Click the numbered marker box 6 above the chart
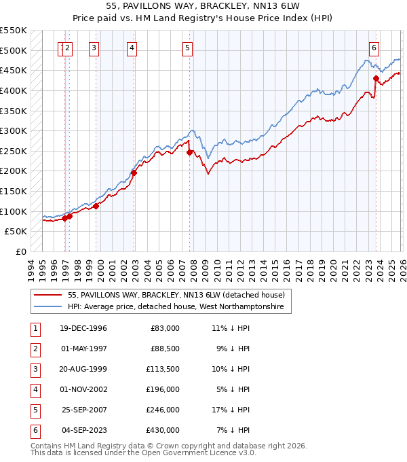(374, 48)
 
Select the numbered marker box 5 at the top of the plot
(187, 48)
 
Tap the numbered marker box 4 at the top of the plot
(131, 48)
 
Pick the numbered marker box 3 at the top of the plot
(94, 48)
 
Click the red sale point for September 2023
(375, 78)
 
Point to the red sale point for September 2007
(189, 152)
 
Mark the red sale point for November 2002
(134, 173)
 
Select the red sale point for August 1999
(96, 206)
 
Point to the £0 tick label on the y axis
(20, 251)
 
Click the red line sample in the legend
(47, 295)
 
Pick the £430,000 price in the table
(163, 430)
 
